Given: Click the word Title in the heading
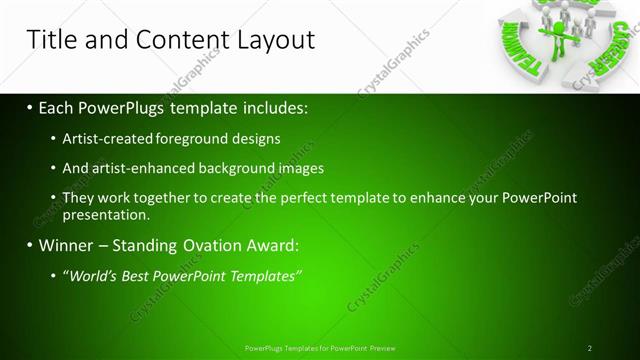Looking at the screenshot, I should (50, 40).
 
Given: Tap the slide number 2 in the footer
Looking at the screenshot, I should (589, 348).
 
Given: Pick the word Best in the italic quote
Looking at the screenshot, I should (140, 275).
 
